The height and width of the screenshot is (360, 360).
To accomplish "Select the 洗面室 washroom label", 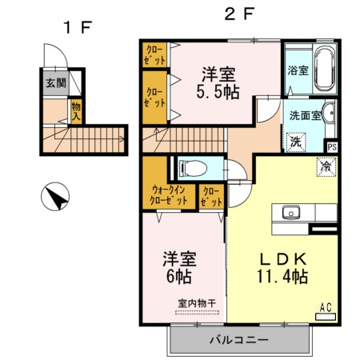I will pos(305,115).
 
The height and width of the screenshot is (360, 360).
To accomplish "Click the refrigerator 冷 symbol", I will pos(326,166).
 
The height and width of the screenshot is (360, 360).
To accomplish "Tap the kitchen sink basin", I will pos(290,213).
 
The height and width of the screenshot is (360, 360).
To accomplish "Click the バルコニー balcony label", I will pos(239,340).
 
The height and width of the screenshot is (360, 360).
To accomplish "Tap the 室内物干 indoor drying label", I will pos(197,302).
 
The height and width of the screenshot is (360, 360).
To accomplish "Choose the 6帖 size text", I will pos(180,277).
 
